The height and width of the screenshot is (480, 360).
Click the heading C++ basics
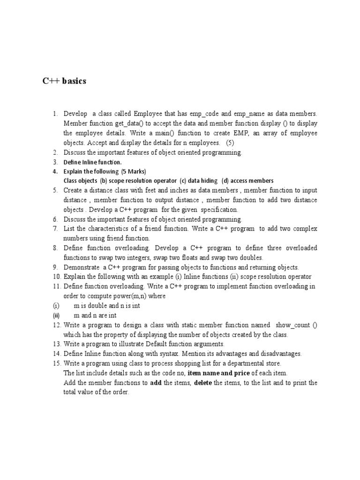tap(64, 82)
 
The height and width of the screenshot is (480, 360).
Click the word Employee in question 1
tap(148, 114)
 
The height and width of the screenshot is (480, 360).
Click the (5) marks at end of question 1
tap(231, 142)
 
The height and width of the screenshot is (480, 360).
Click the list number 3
tap(55, 162)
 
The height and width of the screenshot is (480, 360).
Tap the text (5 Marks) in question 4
tap(134, 171)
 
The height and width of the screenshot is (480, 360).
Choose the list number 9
tap(55, 267)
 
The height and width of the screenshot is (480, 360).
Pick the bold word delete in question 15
tap(203, 382)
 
